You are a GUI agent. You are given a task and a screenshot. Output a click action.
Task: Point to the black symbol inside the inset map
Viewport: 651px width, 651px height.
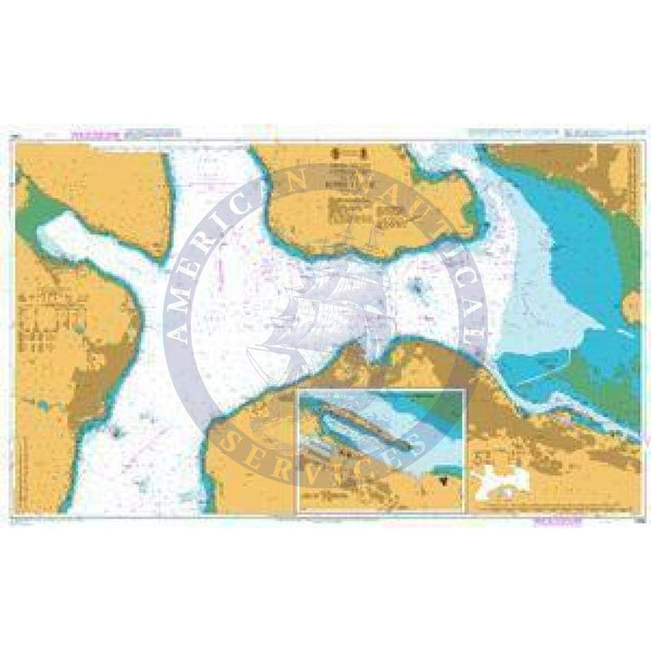[442, 483]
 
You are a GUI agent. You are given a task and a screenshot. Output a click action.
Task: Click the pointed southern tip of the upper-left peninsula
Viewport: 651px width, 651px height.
[160, 257]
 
